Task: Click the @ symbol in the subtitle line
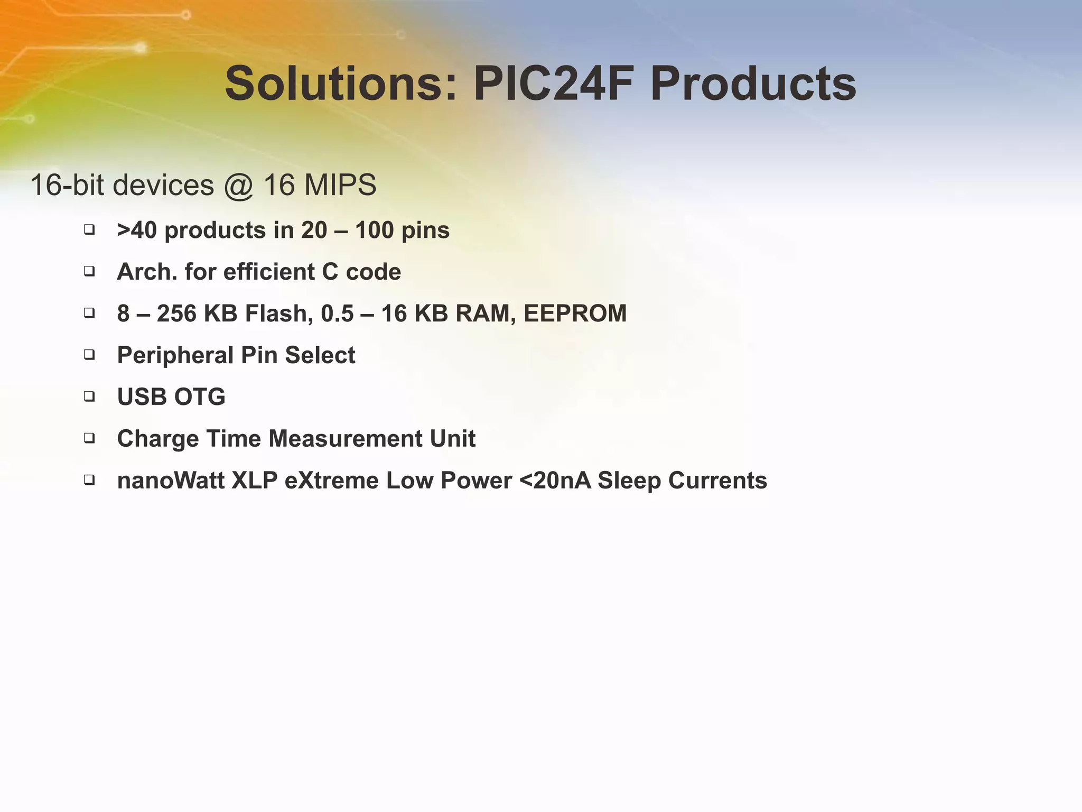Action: pos(239,186)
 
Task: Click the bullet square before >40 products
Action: pos(89,229)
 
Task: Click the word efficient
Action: pos(269,272)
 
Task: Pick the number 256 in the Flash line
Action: pos(176,313)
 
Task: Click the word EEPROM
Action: pos(575,313)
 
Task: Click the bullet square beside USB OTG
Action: pos(89,396)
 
